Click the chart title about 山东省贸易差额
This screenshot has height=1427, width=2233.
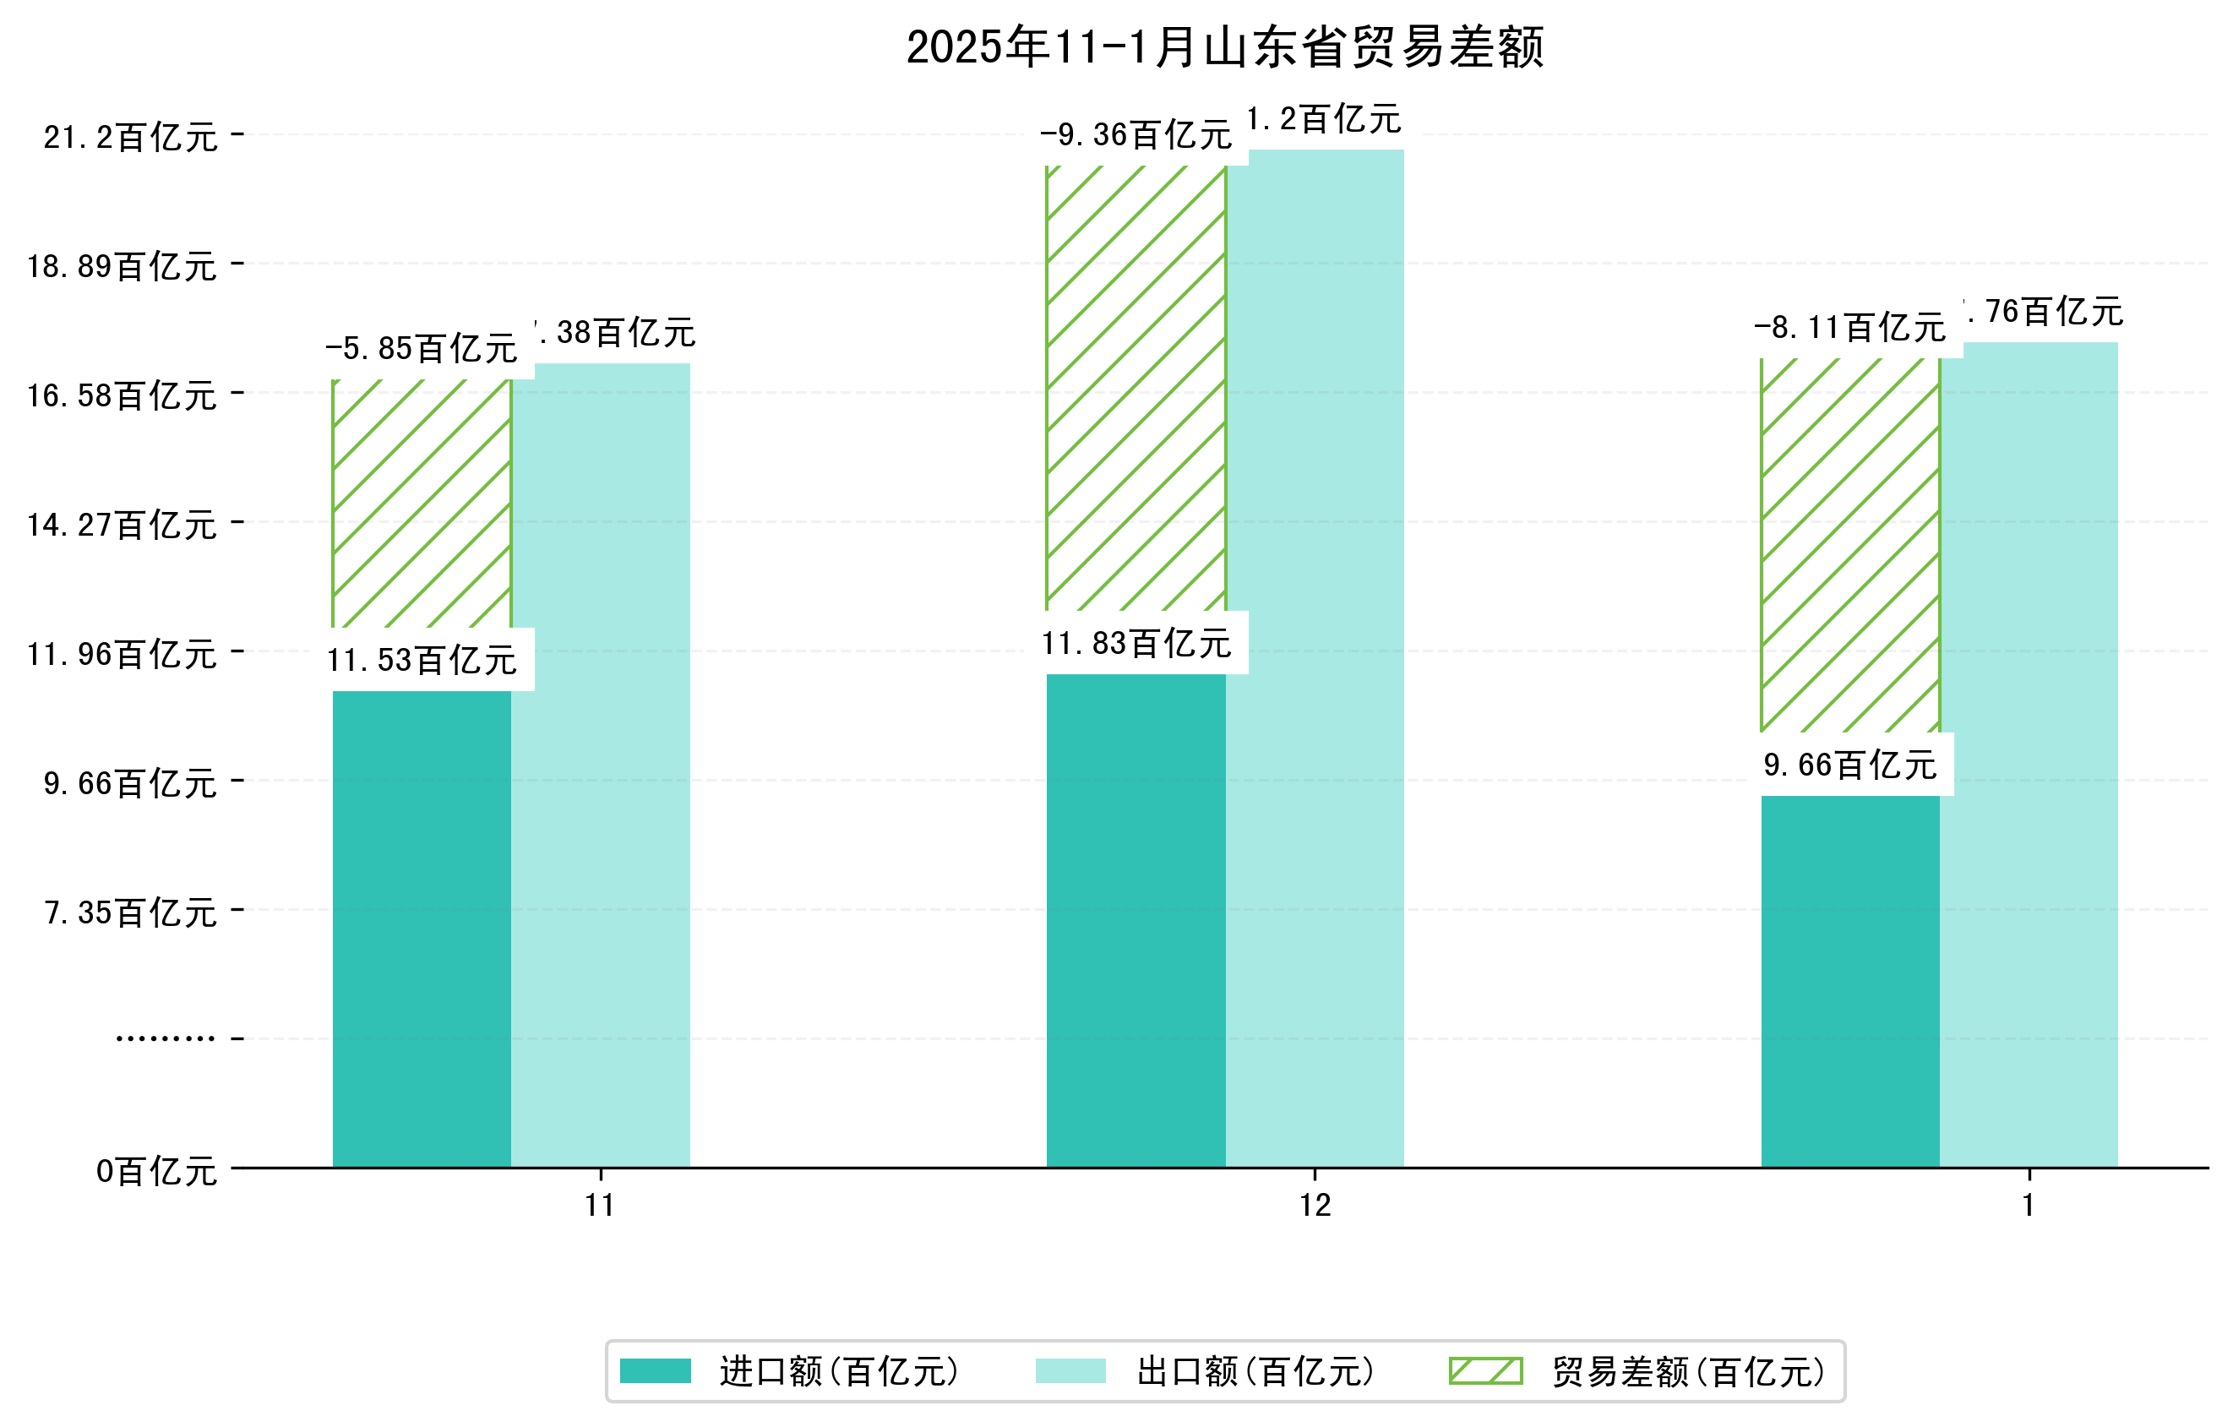pyautogui.click(x=1224, y=47)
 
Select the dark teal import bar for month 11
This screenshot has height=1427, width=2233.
pyautogui.click(x=422, y=927)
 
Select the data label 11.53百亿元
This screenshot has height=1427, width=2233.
pyautogui.click(x=422, y=660)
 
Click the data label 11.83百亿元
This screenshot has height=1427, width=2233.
pyautogui.click(x=1137, y=644)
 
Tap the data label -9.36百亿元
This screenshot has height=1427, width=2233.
pyautogui.click(x=1136, y=135)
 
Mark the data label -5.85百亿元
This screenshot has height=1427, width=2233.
pyautogui.click(x=422, y=349)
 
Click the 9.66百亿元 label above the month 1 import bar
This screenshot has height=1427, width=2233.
pyautogui.click(x=1850, y=765)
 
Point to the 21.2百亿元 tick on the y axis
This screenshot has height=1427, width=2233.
pyautogui.click(x=131, y=137)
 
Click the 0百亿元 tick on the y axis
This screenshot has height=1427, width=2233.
pyautogui.click(x=156, y=1172)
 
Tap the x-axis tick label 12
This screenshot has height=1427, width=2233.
pyautogui.click(x=1315, y=1206)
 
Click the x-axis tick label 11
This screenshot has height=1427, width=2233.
pyautogui.click(x=600, y=1206)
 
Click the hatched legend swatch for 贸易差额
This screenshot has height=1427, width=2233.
pyautogui.click(x=1485, y=1370)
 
